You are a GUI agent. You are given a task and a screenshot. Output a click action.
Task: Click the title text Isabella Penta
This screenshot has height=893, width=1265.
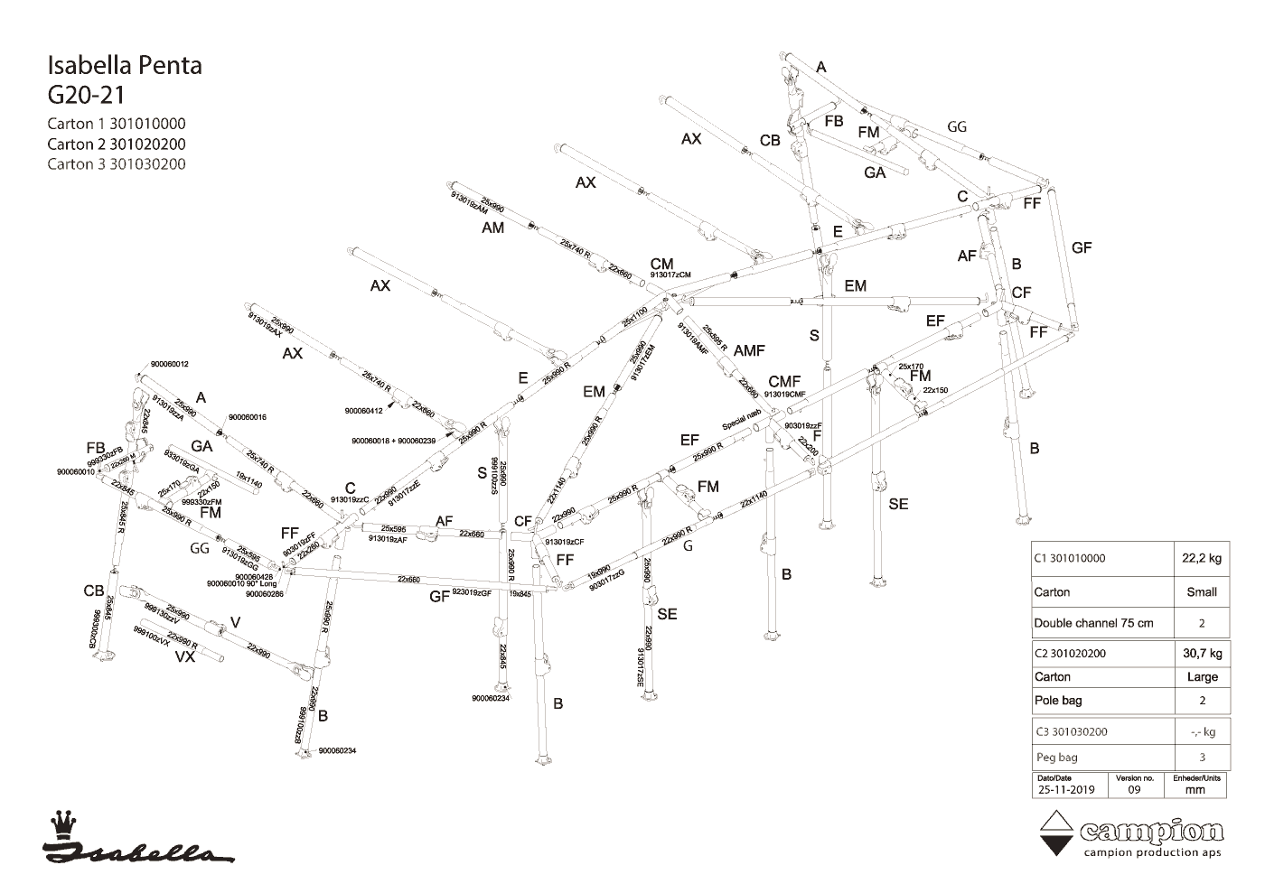(124, 65)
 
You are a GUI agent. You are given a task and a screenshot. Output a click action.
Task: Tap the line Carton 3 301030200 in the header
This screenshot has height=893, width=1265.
(117, 163)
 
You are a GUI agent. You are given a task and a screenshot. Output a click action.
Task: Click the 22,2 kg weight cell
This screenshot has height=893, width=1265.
(1201, 558)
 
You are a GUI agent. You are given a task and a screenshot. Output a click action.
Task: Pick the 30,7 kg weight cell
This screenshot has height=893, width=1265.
(1201, 653)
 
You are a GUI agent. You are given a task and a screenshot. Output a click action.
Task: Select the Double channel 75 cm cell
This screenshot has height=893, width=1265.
(1093, 623)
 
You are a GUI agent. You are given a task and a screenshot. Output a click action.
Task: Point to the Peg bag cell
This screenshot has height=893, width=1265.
(1055, 757)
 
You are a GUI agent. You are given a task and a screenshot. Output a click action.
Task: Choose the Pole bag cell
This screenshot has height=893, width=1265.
(1058, 700)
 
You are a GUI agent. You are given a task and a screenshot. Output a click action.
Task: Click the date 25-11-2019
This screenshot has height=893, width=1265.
(1065, 789)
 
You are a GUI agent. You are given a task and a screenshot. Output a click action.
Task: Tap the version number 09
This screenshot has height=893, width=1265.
(1135, 789)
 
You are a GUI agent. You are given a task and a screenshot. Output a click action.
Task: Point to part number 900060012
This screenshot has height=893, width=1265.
(170, 364)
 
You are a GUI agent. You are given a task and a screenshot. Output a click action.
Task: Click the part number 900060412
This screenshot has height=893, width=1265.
(364, 411)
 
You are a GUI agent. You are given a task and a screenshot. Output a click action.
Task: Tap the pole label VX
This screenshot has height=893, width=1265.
(184, 657)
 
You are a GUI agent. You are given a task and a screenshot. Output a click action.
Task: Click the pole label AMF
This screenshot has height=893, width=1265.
(749, 350)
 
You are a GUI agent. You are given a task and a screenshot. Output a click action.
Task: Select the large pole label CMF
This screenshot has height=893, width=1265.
(784, 382)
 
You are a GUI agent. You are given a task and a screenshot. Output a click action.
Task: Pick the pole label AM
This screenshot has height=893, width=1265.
(492, 228)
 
